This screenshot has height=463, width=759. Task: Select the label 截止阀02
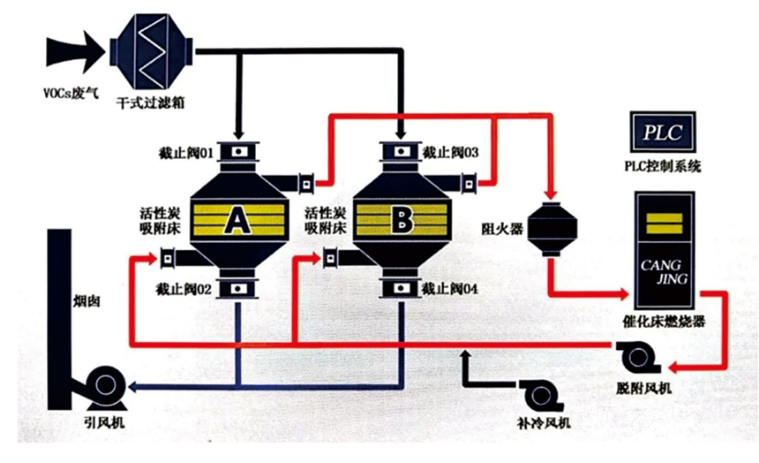click(x=185, y=288)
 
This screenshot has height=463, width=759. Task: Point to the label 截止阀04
click(x=450, y=288)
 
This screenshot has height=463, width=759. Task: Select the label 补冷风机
click(x=539, y=424)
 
